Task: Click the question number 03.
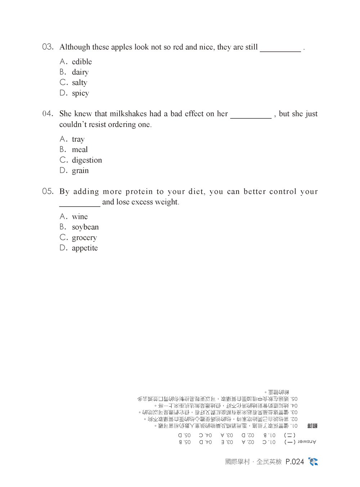coord(48,47)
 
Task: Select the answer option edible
coord(82,62)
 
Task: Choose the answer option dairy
coord(80,72)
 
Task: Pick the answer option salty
coord(79,83)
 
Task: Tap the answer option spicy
coord(80,93)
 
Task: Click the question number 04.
coord(48,114)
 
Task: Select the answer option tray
coord(78,139)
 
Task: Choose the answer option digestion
coord(87,160)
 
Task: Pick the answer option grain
coord(80,171)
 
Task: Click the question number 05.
coord(48,191)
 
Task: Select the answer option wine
coord(80,217)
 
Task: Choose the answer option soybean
coord(85,227)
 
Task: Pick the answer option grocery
coord(84,238)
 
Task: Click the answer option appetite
coord(85,248)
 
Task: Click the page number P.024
coord(294,462)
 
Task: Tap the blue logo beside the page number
coord(313,461)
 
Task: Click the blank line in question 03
coord(280,50)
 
